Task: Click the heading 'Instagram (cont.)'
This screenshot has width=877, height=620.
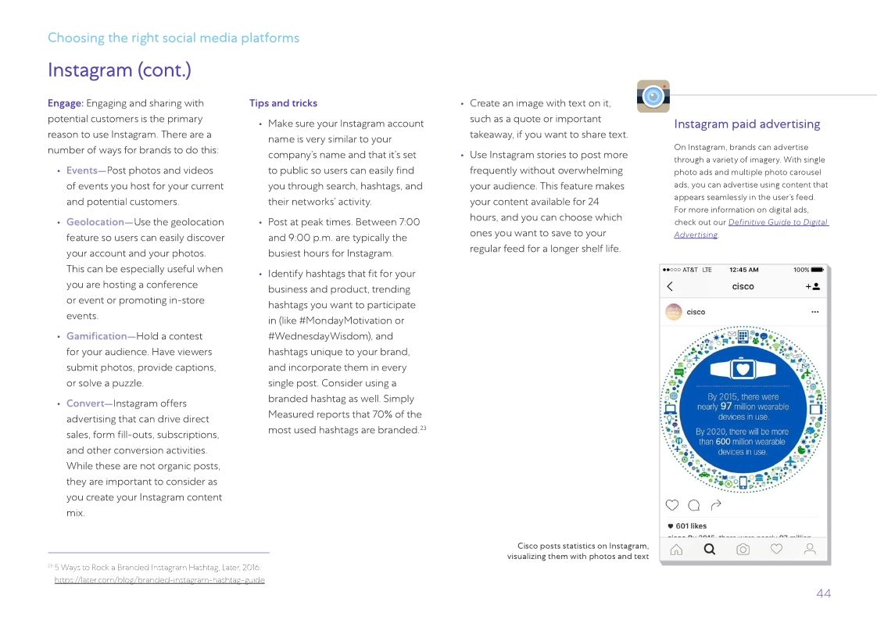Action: pos(119,70)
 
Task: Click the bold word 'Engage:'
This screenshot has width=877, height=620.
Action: pos(66,103)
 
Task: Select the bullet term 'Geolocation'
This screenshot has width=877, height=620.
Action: pos(95,222)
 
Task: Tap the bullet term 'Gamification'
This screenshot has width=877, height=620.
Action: pos(96,336)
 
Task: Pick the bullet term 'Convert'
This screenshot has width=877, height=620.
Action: pos(84,403)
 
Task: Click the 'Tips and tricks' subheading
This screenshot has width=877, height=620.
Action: pos(283,103)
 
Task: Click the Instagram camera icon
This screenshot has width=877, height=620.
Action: pos(653,96)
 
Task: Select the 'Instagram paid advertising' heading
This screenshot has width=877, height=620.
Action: pos(746,124)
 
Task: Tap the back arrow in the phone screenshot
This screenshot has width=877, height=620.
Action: pos(670,287)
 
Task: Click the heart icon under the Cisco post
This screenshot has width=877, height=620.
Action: pos(671,505)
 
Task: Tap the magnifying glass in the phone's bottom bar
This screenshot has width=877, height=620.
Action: pos(709,550)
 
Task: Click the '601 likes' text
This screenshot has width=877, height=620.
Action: pos(691,526)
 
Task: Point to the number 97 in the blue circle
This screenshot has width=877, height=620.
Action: pos(726,407)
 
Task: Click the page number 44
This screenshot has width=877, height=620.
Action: pos(823,593)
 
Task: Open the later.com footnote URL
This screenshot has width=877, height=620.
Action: pos(159,580)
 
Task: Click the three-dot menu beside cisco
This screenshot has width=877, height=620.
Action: pos(814,312)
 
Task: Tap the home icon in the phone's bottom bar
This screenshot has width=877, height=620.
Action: pos(676,550)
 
